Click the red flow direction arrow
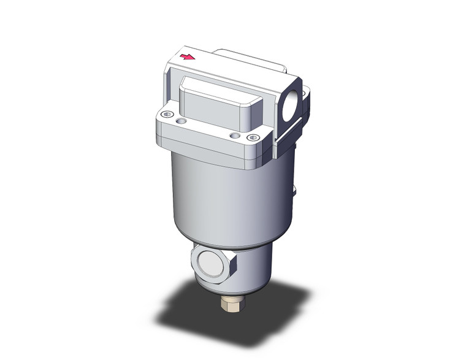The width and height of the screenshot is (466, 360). pyautogui.click(x=188, y=58)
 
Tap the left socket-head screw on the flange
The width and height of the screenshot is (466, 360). pyautogui.click(x=166, y=114)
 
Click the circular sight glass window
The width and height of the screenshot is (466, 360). pyautogui.click(x=212, y=262)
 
